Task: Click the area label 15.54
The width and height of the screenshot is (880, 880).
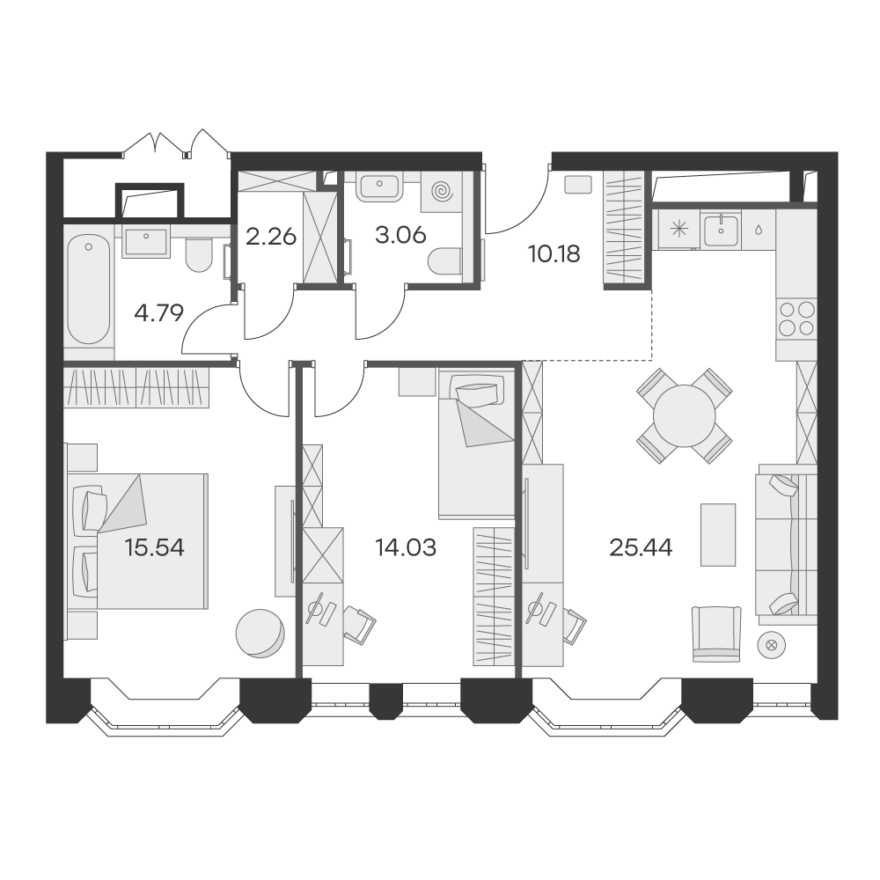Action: tap(154, 547)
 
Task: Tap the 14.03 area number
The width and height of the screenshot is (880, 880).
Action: tap(405, 547)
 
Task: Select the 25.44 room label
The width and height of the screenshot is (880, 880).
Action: tap(641, 547)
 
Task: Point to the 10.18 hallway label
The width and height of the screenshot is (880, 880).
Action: tap(554, 254)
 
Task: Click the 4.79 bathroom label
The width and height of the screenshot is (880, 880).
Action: tap(158, 313)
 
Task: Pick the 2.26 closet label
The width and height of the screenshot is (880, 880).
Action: tap(271, 236)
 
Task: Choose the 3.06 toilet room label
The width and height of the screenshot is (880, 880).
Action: tap(400, 235)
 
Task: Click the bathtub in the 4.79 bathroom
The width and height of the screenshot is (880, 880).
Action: tap(89, 290)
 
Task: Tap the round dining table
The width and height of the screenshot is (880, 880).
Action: tap(684, 416)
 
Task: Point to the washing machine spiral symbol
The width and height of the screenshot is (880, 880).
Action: tap(442, 191)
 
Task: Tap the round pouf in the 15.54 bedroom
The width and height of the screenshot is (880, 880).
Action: tap(260, 633)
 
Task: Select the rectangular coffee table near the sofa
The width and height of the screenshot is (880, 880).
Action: tap(718, 534)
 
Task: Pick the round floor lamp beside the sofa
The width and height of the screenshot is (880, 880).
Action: tap(771, 645)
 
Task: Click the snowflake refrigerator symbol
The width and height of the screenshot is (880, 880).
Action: tap(679, 229)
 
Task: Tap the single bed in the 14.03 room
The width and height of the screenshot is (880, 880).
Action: tap(476, 444)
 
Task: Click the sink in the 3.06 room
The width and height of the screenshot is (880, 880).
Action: tap(380, 187)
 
